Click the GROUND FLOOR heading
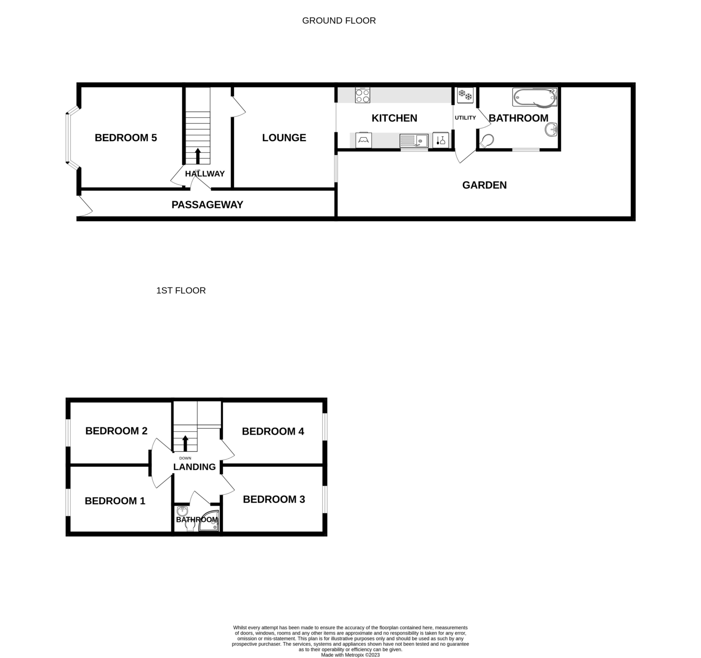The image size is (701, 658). click(339, 21)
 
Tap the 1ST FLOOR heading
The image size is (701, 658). click(181, 291)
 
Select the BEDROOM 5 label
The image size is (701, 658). click(126, 138)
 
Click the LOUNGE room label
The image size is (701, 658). click(284, 138)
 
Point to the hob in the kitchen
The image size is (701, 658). click(362, 95)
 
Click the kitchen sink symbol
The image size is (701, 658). click(414, 141)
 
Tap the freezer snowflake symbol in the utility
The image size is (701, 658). click(465, 95)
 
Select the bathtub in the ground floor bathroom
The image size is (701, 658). click(535, 97)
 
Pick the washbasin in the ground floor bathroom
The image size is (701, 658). click(551, 129)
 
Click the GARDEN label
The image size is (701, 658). click(484, 185)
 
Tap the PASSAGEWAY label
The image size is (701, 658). click(207, 205)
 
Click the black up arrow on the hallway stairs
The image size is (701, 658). click(198, 156)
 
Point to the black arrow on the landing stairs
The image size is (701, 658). click(185, 443)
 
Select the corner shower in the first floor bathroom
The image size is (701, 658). click(209, 521)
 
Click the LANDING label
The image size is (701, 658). click(194, 467)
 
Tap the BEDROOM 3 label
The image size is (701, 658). click(274, 499)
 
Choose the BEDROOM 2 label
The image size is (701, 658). click(116, 431)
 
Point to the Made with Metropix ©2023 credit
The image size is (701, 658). click(350, 655)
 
